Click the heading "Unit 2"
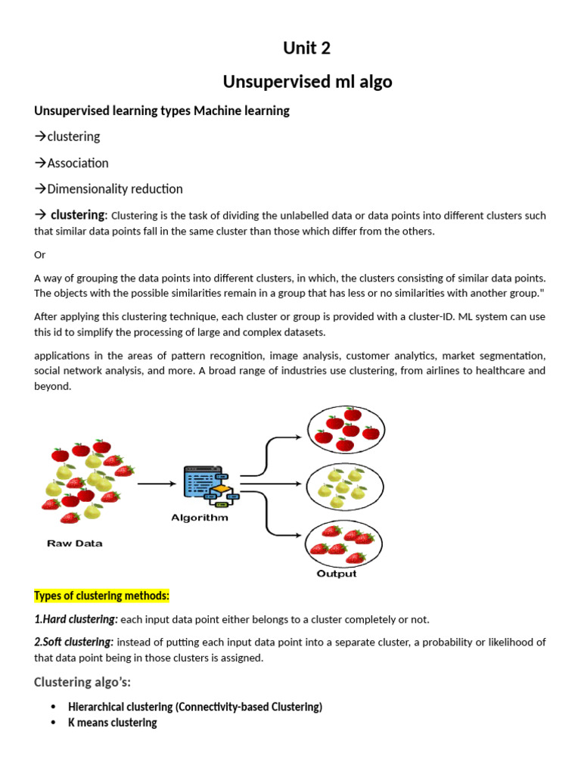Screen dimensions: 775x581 [x=306, y=48]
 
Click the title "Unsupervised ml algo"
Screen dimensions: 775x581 [x=306, y=82]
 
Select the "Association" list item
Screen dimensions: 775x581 [x=77, y=163]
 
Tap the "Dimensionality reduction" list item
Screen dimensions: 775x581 [x=114, y=188]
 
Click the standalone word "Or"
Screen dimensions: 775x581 [x=40, y=255]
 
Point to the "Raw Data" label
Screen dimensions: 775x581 [x=75, y=543]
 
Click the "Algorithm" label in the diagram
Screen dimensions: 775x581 [x=200, y=518]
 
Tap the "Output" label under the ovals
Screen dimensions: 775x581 [x=336, y=573]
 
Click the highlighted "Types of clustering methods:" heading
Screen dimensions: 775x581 [x=101, y=596]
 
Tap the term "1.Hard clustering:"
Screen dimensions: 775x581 [x=76, y=619]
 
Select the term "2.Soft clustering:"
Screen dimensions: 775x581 [x=74, y=642]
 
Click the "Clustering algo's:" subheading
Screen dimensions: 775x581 [x=82, y=683]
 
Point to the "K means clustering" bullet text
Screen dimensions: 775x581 [x=112, y=722]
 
